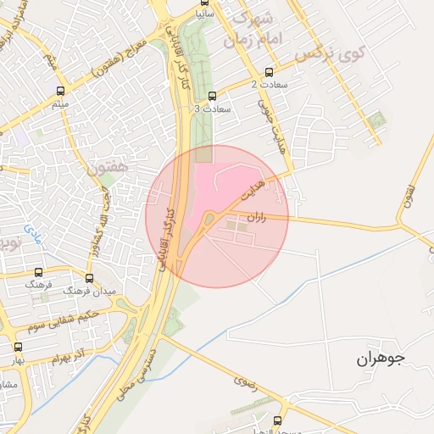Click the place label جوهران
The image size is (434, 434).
point(381,359)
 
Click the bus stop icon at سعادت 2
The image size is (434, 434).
point(270,72)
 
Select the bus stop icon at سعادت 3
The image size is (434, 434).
point(212,96)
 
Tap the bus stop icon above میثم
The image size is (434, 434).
point(60,91)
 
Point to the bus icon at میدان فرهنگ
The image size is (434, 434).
point(90,278)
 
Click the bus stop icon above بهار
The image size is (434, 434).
point(19,347)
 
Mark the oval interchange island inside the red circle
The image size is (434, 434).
point(209,221)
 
